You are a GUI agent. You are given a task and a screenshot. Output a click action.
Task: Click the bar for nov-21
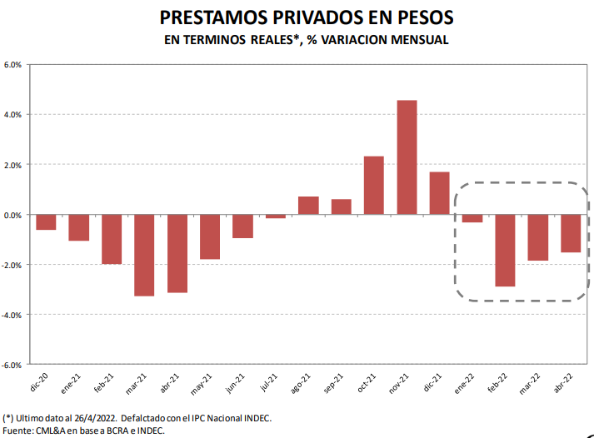407,157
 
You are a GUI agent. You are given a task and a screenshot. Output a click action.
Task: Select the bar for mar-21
144,255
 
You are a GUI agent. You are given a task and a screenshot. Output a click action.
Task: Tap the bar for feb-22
506,251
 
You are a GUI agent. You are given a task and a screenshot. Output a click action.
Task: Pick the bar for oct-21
374,185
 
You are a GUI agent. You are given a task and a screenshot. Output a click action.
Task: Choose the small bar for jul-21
276,217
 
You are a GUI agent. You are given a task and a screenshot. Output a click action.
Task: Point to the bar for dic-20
46,222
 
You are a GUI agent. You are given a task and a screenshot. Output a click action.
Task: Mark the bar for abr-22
571,233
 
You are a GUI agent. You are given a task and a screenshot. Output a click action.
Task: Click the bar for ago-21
308,206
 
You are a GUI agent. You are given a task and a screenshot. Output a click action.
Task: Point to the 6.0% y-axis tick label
14,65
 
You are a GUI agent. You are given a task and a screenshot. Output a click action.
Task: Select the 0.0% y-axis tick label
14,215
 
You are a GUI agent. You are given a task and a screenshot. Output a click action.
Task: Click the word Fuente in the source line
17,430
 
